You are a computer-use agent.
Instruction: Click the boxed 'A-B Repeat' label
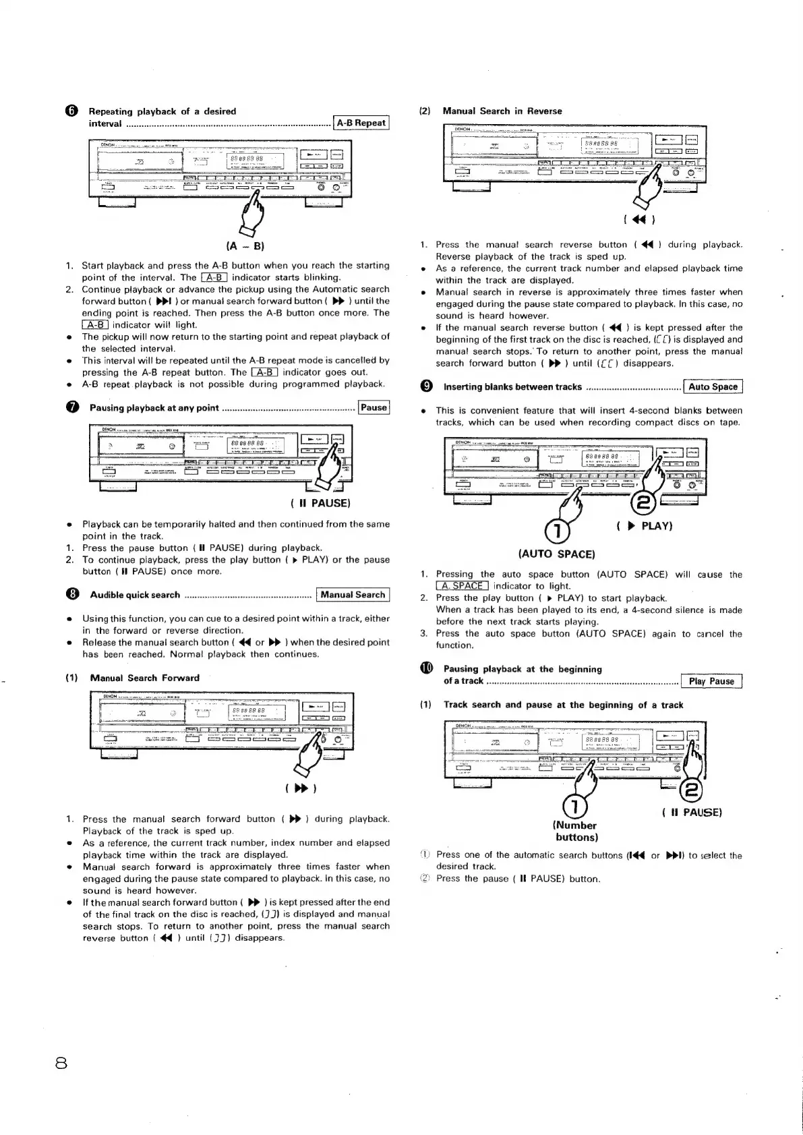(361, 123)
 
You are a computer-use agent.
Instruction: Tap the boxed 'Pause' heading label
(374, 407)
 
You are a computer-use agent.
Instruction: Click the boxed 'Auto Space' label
(713, 386)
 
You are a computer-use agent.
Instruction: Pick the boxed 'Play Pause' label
(711, 681)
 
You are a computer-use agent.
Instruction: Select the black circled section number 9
(425, 387)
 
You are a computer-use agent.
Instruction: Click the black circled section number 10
(425, 669)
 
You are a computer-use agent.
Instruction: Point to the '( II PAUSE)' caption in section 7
(320, 503)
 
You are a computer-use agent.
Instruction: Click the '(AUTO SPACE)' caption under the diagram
(557, 554)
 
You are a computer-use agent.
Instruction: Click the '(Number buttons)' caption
(575, 831)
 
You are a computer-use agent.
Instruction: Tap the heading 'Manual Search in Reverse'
(502, 111)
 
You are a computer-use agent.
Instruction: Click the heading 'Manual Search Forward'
(144, 678)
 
